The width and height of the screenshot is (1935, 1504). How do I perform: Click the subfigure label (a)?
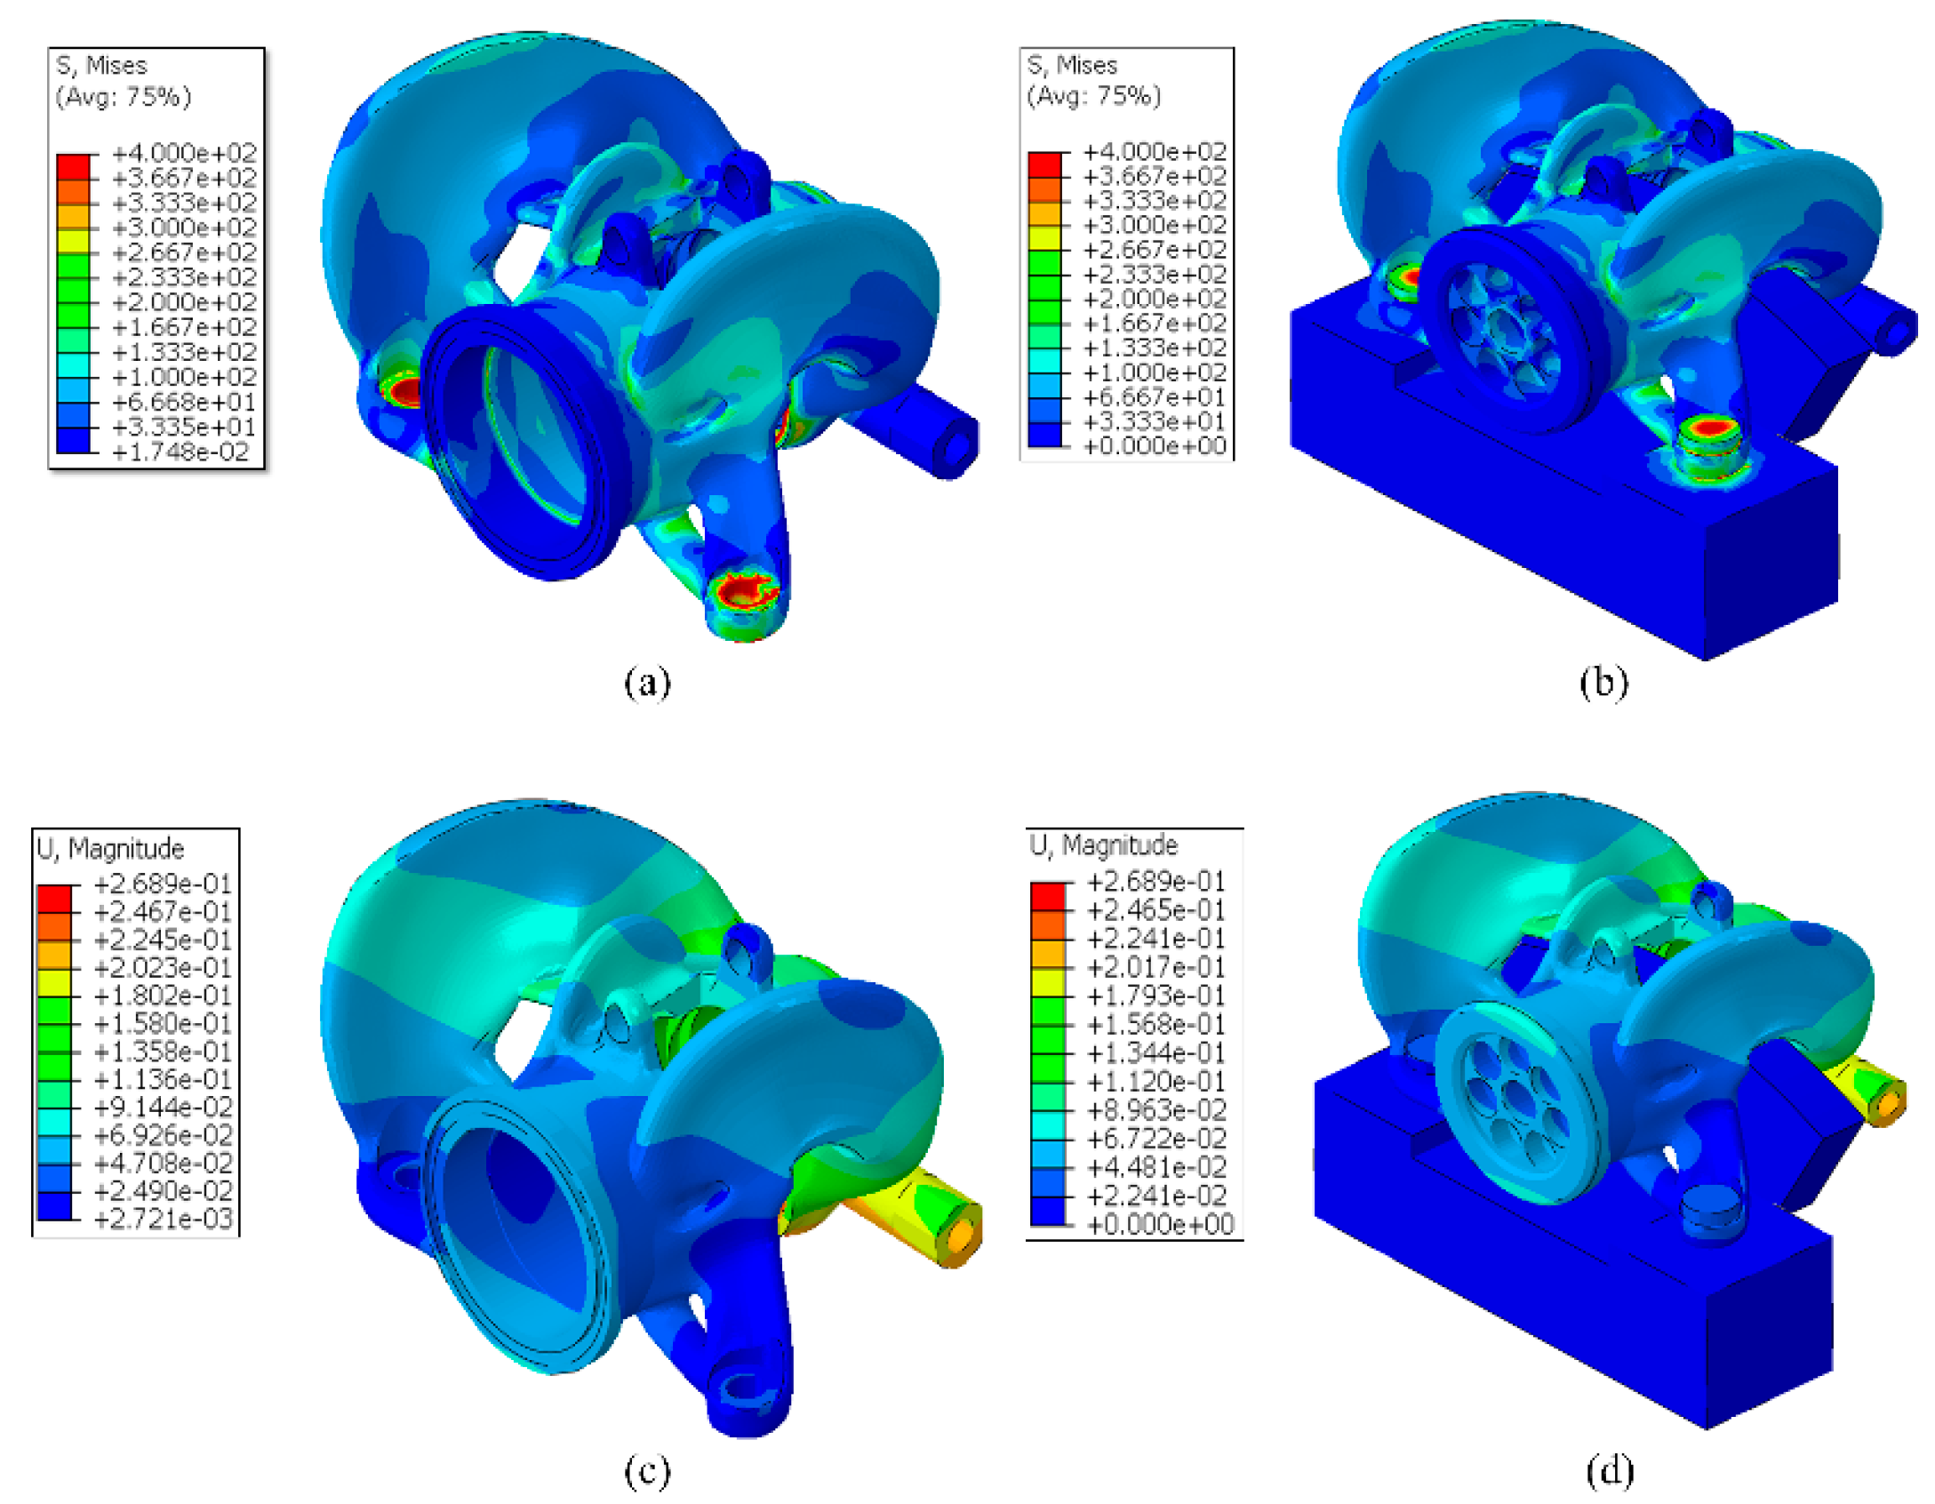tap(646, 683)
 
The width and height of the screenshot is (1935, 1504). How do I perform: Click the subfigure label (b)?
tap(1603, 683)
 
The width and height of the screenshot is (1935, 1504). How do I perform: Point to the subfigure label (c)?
tap(646, 1471)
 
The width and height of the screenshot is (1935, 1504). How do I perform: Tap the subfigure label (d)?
tap(1609, 1471)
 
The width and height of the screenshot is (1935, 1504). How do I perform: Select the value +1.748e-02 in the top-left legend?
tap(184, 452)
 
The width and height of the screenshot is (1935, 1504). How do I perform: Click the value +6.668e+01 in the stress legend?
tap(184, 402)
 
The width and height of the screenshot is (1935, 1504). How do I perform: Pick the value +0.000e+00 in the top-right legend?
tap(1155, 446)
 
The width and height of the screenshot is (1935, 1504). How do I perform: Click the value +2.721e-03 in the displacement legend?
tap(163, 1219)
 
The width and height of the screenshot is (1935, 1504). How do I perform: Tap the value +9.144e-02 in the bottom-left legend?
tap(163, 1108)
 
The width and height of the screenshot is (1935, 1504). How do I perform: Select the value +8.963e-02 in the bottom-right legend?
tap(1156, 1110)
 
